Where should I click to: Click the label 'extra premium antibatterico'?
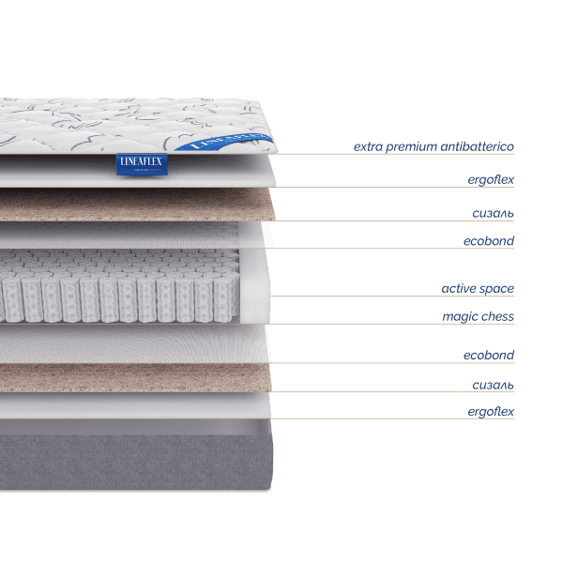(434, 146)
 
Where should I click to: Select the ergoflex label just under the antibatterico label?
(491, 178)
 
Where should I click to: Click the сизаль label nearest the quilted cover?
(493, 213)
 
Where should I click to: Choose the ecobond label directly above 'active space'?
(489, 241)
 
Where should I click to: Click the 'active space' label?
(478, 288)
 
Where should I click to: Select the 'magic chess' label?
(478, 316)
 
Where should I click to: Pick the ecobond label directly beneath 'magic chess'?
(489, 355)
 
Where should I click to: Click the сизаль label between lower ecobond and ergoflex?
(493, 385)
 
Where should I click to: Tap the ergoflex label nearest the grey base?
(491, 411)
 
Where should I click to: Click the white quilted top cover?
(94, 127)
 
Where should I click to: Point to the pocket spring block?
(122, 286)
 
